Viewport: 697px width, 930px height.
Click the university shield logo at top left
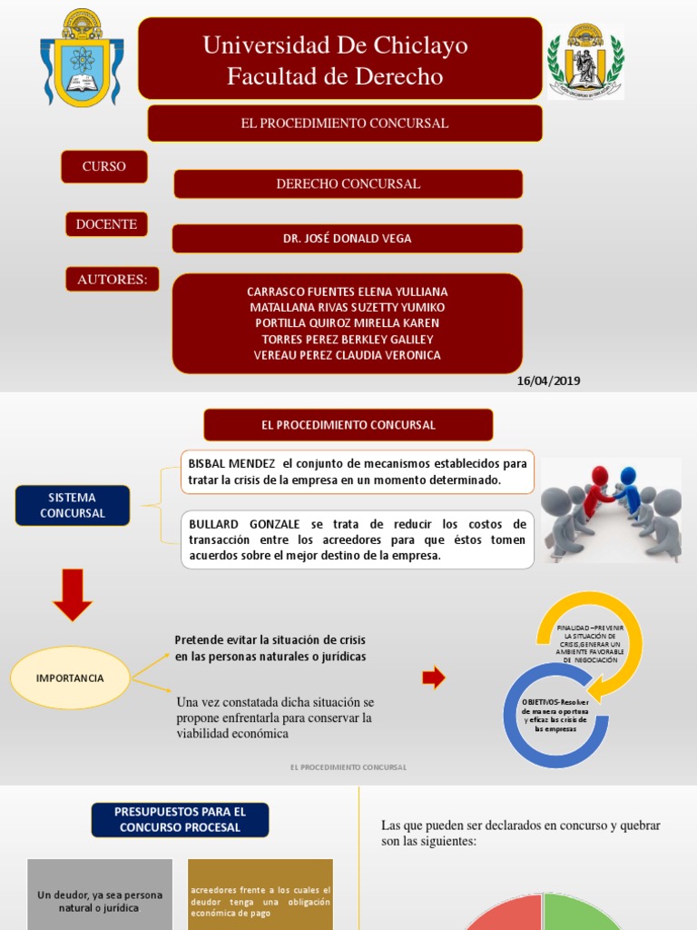click(x=82, y=58)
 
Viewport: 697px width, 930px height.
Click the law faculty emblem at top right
click(x=585, y=60)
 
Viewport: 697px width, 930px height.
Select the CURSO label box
click(x=103, y=166)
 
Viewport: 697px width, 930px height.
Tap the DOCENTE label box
click(x=106, y=223)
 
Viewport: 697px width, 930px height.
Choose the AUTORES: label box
click(x=112, y=279)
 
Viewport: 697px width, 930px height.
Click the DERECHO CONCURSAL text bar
click(x=348, y=183)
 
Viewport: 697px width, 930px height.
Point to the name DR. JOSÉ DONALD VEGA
click(x=348, y=238)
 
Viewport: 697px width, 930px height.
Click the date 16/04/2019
click(x=548, y=381)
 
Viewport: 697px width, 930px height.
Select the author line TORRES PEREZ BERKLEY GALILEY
click(x=348, y=340)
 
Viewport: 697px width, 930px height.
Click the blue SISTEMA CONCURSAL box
click(x=73, y=505)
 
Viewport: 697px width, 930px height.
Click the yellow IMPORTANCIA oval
click(x=70, y=678)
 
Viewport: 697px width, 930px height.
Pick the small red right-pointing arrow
click(x=434, y=677)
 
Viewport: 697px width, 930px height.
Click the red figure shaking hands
click(x=596, y=490)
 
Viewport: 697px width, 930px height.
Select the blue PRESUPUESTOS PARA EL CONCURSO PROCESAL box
click(x=180, y=819)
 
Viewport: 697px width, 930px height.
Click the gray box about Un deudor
click(x=100, y=899)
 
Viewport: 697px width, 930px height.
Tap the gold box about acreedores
click(x=260, y=899)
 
